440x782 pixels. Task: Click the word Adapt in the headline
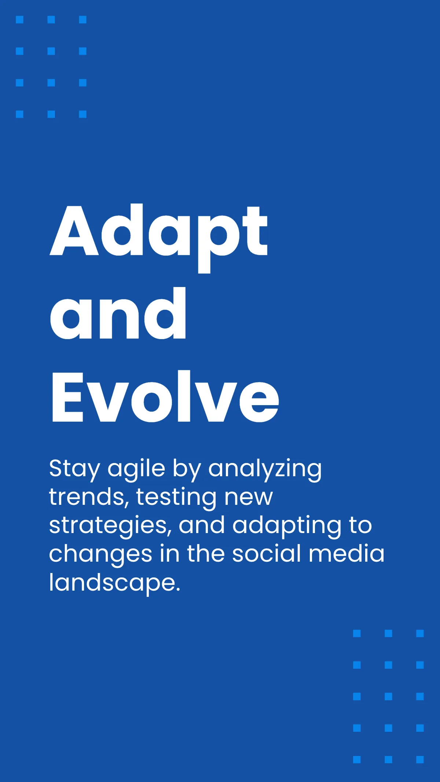[159, 238]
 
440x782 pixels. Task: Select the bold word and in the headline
[118, 313]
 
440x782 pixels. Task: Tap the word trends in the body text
[89, 497]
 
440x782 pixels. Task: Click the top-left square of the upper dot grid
[20, 19]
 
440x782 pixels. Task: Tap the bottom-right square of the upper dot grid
[83, 114]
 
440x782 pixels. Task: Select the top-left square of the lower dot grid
[357, 633]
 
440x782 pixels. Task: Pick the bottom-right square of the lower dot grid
[420, 759]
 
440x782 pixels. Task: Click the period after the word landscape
[178, 589]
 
